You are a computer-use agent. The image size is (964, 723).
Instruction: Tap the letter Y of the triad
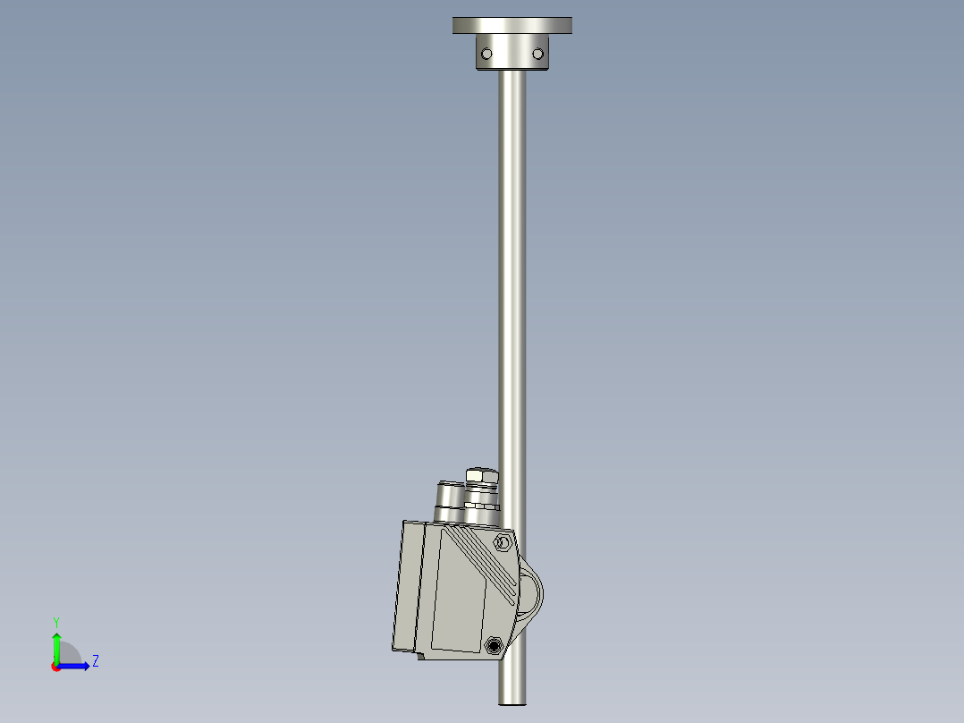pyautogui.click(x=56, y=621)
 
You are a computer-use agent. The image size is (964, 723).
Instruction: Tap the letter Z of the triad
pyautogui.click(x=95, y=661)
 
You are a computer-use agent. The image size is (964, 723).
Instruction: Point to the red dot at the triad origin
pyautogui.click(x=55, y=667)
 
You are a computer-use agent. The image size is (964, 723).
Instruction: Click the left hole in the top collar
pyautogui.click(x=486, y=54)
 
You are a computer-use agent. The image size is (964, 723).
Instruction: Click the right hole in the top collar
pyautogui.click(x=538, y=54)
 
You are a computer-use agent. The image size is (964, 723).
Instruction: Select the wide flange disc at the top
pyautogui.click(x=512, y=25)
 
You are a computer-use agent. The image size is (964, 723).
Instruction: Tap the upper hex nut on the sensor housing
pyautogui.click(x=502, y=542)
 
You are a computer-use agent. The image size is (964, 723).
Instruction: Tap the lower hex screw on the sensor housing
pyautogui.click(x=493, y=644)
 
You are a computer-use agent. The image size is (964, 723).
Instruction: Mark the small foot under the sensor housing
pyautogui.click(x=419, y=656)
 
